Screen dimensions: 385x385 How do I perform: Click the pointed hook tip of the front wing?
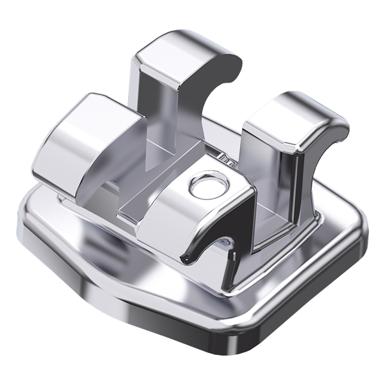pyautogui.click(x=186, y=261)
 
